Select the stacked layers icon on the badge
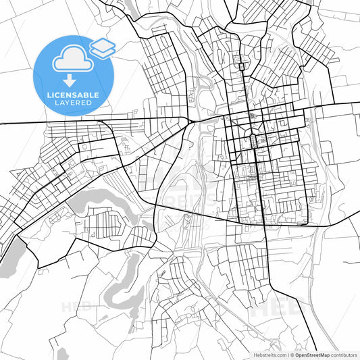[103, 47]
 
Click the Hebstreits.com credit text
[263, 354]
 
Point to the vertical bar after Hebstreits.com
[287, 354]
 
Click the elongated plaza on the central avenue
[253, 140]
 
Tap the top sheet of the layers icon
[103, 43]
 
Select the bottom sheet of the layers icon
[103, 51]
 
